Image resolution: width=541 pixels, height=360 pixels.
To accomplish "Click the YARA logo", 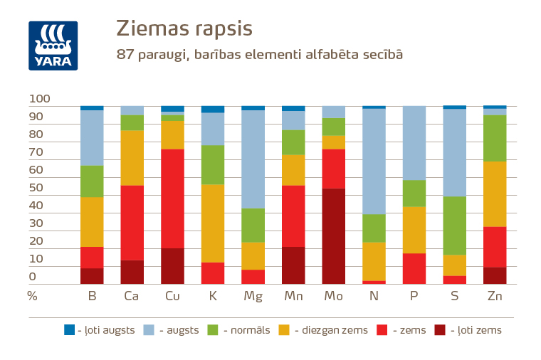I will coord(53,46).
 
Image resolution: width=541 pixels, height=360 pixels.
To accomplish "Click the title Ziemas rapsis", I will coord(184,29).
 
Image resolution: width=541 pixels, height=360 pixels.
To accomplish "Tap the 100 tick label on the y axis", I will coord(39,98).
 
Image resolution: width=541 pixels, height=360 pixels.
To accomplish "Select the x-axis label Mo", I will coord(334,295).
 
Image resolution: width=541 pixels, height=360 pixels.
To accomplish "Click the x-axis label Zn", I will coord(495,295).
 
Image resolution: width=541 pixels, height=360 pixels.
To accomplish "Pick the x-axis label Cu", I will coord(172,295).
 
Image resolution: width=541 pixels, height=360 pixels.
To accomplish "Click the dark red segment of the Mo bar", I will coord(334,236).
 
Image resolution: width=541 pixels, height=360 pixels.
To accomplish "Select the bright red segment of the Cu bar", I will coord(172,198).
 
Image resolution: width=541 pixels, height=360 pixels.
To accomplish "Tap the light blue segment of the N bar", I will coord(374,161).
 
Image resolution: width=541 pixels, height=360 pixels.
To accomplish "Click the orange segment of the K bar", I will coord(213,223).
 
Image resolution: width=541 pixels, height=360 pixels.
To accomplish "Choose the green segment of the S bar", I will coord(454,226).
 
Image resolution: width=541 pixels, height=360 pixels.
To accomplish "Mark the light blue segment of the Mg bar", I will coord(253,159).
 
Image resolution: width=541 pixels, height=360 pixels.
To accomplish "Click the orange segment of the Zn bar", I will coord(495,194).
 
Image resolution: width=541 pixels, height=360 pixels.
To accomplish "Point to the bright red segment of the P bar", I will coord(414,268).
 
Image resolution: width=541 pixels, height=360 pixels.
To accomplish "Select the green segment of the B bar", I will coord(92,181).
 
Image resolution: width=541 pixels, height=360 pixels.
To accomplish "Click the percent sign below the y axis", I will coord(32,295).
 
